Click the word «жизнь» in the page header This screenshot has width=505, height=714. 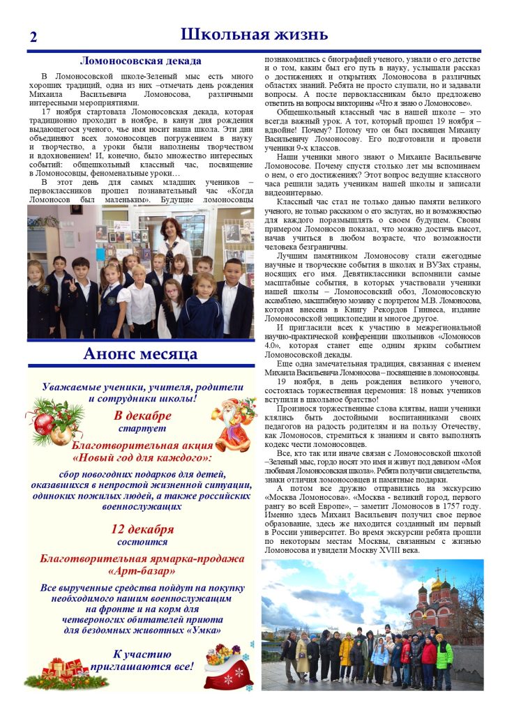coord(292,35)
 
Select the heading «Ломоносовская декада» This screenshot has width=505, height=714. coord(141,61)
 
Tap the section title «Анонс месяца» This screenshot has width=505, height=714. coord(140,354)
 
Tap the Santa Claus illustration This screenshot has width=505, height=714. coord(233,423)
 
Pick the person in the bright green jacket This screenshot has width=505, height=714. coord(444,655)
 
